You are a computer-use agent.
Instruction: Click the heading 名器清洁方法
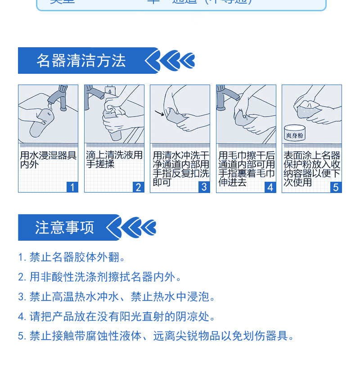81,61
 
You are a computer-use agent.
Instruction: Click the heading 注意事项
65,227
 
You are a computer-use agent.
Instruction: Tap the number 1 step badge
72,187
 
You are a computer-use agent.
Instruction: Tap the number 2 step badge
138,187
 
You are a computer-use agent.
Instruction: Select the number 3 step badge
204,187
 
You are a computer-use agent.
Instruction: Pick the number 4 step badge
270,187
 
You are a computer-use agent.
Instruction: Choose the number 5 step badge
336,187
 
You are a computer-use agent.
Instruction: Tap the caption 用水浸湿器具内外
48,160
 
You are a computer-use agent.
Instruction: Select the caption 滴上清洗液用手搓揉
114,160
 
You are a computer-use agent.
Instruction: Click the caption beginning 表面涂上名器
311,169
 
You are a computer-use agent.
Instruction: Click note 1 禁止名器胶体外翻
72,257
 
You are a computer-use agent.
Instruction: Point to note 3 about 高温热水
117,297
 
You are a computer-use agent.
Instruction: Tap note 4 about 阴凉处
117,317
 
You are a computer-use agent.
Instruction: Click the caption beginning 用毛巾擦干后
246,169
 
